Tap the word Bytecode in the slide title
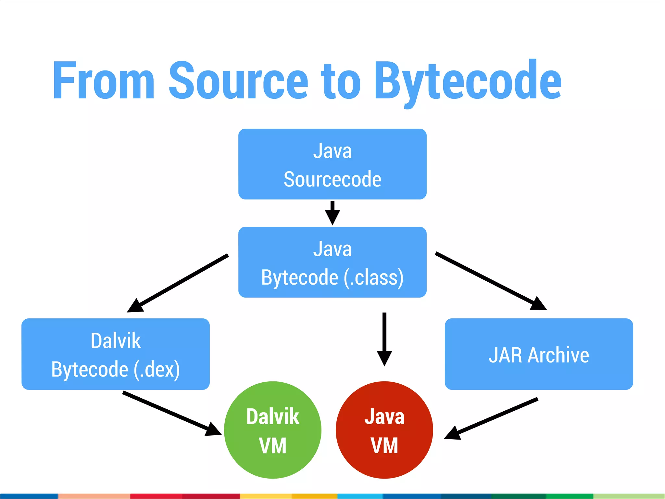coord(468,81)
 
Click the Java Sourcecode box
coord(332,164)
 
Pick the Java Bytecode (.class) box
coord(332,262)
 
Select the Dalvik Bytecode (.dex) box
coord(115,354)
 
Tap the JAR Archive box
coord(539,354)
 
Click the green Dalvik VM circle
coord(273,430)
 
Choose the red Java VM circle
coord(384,430)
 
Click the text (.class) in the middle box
coord(373,278)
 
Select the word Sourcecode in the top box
coord(332,179)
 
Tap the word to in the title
coord(341,81)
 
